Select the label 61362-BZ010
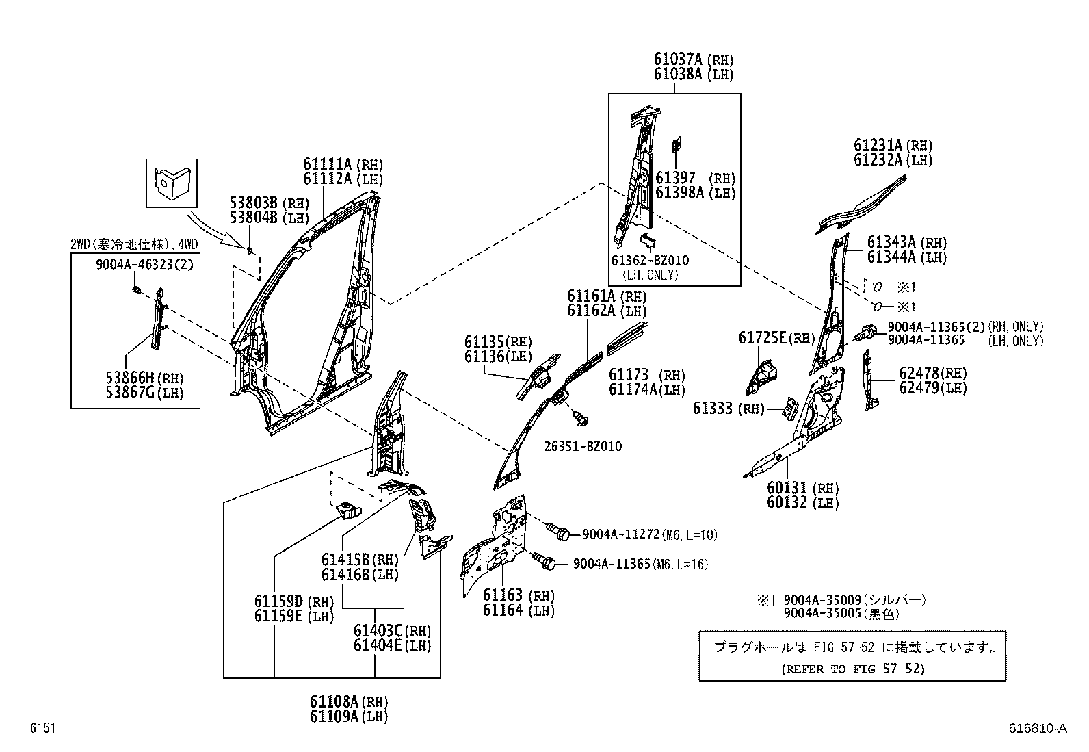(649, 261)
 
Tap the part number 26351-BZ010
(583, 446)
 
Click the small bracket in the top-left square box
(171, 183)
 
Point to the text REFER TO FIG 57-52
(852, 669)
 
